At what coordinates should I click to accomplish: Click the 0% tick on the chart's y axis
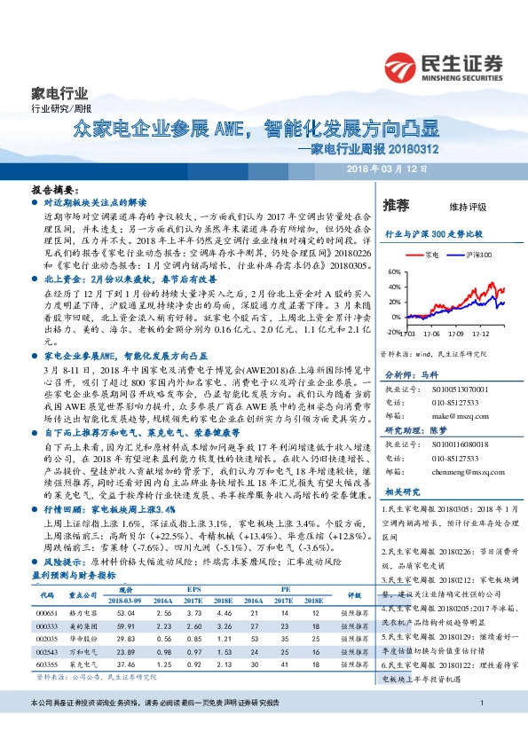point(394,316)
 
